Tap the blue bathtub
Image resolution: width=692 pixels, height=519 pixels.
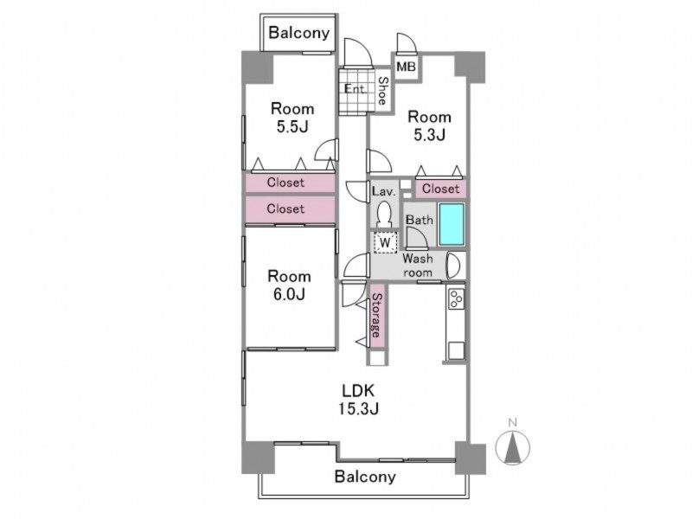(x=452, y=225)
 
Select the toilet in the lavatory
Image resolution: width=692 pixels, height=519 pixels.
(x=384, y=214)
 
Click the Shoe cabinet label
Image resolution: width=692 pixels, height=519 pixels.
(x=381, y=90)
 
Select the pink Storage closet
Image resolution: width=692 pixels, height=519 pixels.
(x=377, y=316)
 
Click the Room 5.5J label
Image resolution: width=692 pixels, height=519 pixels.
(x=291, y=118)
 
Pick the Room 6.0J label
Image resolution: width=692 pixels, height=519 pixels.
(x=288, y=285)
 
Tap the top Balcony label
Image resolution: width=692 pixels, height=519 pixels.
(x=299, y=34)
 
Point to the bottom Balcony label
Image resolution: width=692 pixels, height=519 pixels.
(x=365, y=477)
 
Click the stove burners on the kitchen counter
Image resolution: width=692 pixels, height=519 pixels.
(x=456, y=301)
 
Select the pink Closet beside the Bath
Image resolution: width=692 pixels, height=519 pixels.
(x=440, y=189)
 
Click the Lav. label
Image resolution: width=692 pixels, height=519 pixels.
(x=383, y=191)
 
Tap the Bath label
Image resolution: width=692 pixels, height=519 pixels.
(x=420, y=221)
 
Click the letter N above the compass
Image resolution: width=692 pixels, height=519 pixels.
(x=512, y=422)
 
